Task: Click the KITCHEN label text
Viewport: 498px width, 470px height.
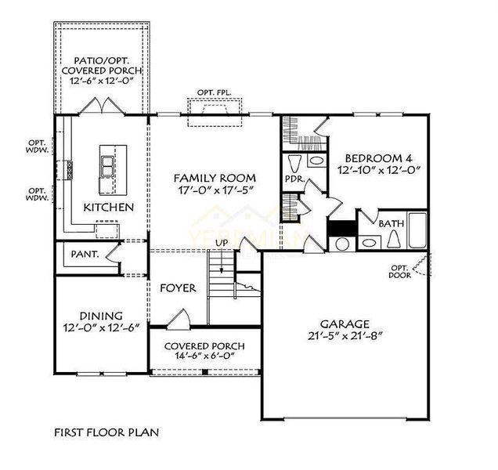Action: pyautogui.click(x=109, y=208)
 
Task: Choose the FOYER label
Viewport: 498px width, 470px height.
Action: pyautogui.click(x=178, y=288)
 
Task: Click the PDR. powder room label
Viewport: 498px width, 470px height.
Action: pyautogui.click(x=294, y=179)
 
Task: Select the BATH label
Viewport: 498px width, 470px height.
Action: pyautogui.click(x=392, y=224)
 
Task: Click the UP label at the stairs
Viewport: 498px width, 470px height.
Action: pyautogui.click(x=222, y=243)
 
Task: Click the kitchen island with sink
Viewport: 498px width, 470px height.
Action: pyautogui.click(x=107, y=168)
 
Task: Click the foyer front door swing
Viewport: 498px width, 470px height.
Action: pyautogui.click(x=178, y=319)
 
